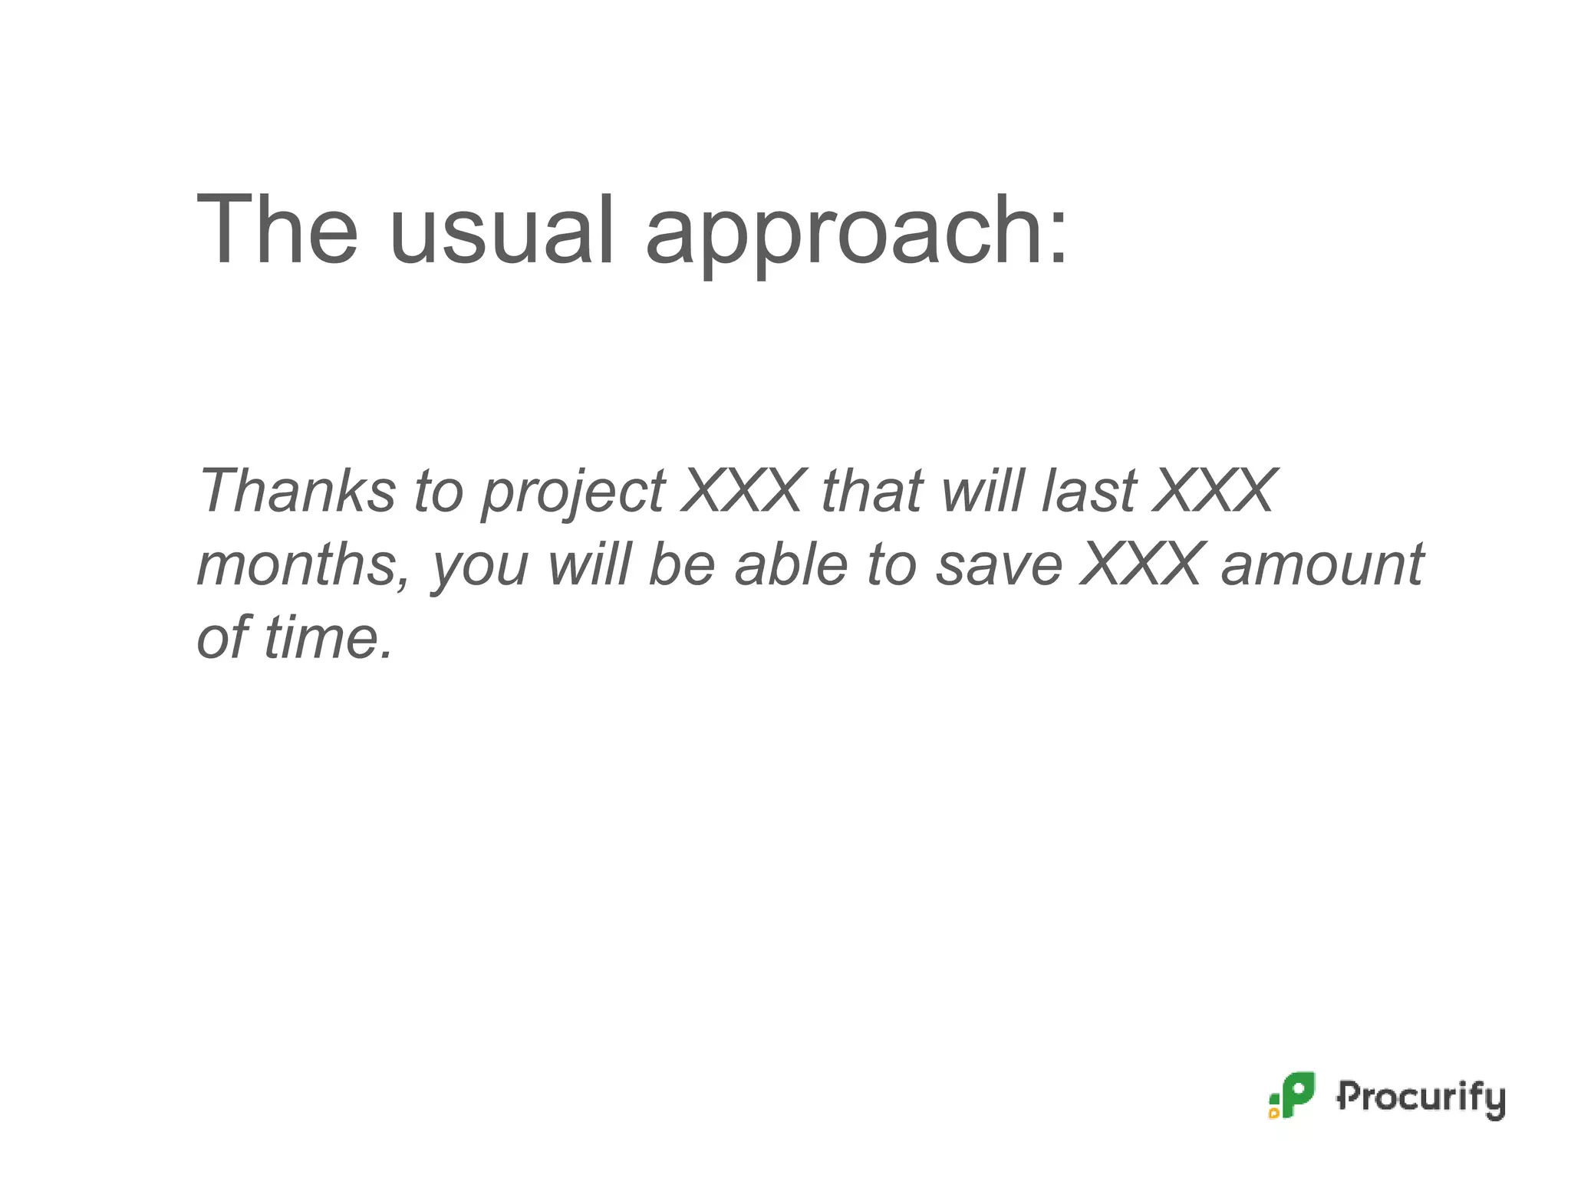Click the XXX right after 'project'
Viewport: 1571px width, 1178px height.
[744, 490]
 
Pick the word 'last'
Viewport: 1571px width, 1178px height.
[1089, 490]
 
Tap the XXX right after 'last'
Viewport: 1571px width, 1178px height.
[1215, 490]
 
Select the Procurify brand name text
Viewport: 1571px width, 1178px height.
[1421, 1097]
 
